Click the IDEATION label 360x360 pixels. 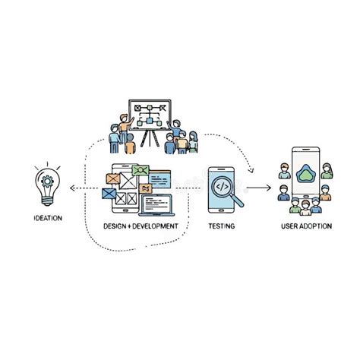tap(48, 218)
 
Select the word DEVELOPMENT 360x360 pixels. tap(155, 226)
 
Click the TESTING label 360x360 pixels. tap(222, 226)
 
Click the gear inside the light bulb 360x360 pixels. tap(47, 182)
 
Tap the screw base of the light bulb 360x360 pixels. tap(48, 201)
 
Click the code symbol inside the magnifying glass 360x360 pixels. tap(223, 187)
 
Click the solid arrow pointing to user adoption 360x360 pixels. tap(258, 188)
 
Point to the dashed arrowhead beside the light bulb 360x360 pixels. tap(72, 188)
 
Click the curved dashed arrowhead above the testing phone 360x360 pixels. tap(251, 170)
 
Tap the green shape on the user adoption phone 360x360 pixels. tap(305, 173)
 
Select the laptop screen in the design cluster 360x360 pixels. tap(156, 204)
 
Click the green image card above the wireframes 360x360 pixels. tap(141, 170)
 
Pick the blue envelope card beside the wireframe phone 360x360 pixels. tap(109, 194)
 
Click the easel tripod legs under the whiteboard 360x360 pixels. tap(150, 138)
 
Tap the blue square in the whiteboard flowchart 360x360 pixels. tap(150, 120)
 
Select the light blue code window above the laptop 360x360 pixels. tap(159, 178)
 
